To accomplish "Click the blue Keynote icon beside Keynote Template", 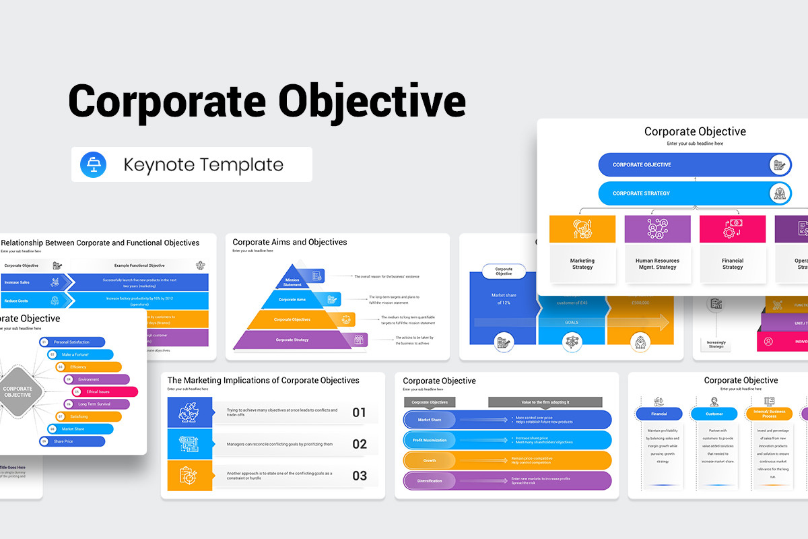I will point(93,165).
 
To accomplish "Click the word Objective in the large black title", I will point(372,102).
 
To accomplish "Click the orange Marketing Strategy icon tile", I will point(582,229).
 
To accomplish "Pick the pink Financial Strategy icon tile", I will point(733,229).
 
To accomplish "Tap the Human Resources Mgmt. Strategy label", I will point(657,264).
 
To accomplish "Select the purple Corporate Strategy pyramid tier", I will point(292,340).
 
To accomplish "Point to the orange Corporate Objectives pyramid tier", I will point(292,319).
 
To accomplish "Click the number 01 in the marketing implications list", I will point(360,412).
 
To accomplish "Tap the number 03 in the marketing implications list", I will point(360,476).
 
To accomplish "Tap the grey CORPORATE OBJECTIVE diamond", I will point(18,391).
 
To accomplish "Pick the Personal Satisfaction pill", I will point(72,342).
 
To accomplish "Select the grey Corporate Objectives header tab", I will point(430,402).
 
